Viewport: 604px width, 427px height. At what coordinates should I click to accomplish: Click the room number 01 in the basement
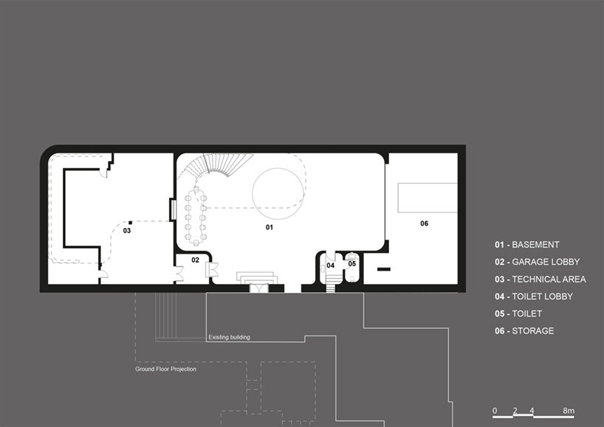pos(270,227)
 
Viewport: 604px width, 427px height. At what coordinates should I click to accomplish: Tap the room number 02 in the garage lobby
pos(195,260)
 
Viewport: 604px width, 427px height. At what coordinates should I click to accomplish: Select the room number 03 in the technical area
pos(127,230)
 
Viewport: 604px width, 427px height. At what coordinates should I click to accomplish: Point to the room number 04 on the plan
pos(331,265)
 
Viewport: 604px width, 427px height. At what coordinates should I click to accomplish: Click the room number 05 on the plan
pos(352,264)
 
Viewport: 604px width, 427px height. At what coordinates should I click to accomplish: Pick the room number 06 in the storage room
pos(424,223)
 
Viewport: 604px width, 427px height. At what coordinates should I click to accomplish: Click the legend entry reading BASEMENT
pos(535,245)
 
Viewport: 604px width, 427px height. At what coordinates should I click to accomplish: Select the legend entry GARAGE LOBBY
pos(546,262)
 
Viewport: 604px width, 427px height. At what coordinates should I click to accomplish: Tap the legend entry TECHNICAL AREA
pos(549,280)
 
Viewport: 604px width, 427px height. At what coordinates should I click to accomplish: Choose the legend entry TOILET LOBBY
pos(543,296)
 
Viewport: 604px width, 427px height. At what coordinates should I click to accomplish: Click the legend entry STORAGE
pos(532,331)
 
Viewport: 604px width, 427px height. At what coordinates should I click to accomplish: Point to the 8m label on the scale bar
pos(569,411)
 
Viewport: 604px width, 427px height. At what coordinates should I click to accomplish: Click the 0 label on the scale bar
pos(495,411)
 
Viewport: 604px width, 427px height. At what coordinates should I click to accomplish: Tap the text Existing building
pos(229,337)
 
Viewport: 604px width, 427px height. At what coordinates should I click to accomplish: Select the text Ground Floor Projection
pos(165,369)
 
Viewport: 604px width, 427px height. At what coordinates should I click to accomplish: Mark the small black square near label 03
pos(130,223)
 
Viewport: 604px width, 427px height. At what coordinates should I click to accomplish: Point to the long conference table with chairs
pos(196,216)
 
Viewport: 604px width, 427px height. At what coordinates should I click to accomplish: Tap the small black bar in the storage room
pos(384,269)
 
